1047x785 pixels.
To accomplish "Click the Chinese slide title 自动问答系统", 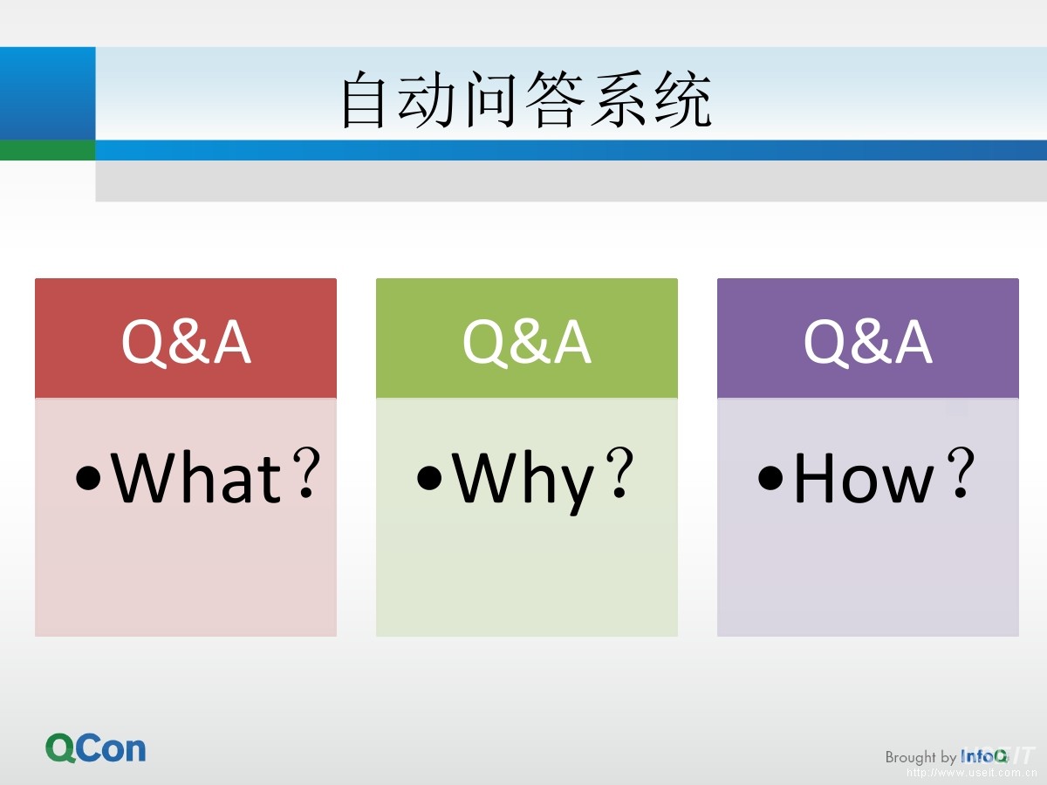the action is [x=527, y=99].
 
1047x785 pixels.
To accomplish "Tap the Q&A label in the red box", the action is [x=186, y=342].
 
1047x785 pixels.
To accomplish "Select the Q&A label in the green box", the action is [x=527, y=342].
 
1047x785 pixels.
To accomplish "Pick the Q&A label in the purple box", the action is [x=868, y=342].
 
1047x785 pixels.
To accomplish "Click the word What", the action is [x=196, y=477].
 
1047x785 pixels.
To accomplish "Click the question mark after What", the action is [x=306, y=473].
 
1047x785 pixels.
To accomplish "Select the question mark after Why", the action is [x=620, y=473].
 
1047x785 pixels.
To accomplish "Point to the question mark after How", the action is [x=961, y=473].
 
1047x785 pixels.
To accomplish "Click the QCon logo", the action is [x=95, y=748].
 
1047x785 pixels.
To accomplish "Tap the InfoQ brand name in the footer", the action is [x=984, y=756].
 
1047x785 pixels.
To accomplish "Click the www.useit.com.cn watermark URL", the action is [x=972, y=773].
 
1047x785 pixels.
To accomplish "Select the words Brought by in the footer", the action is [x=920, y=757].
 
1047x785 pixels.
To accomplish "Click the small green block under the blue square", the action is [x=48, y=150].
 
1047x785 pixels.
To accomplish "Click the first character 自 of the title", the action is [x=364, y=99].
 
